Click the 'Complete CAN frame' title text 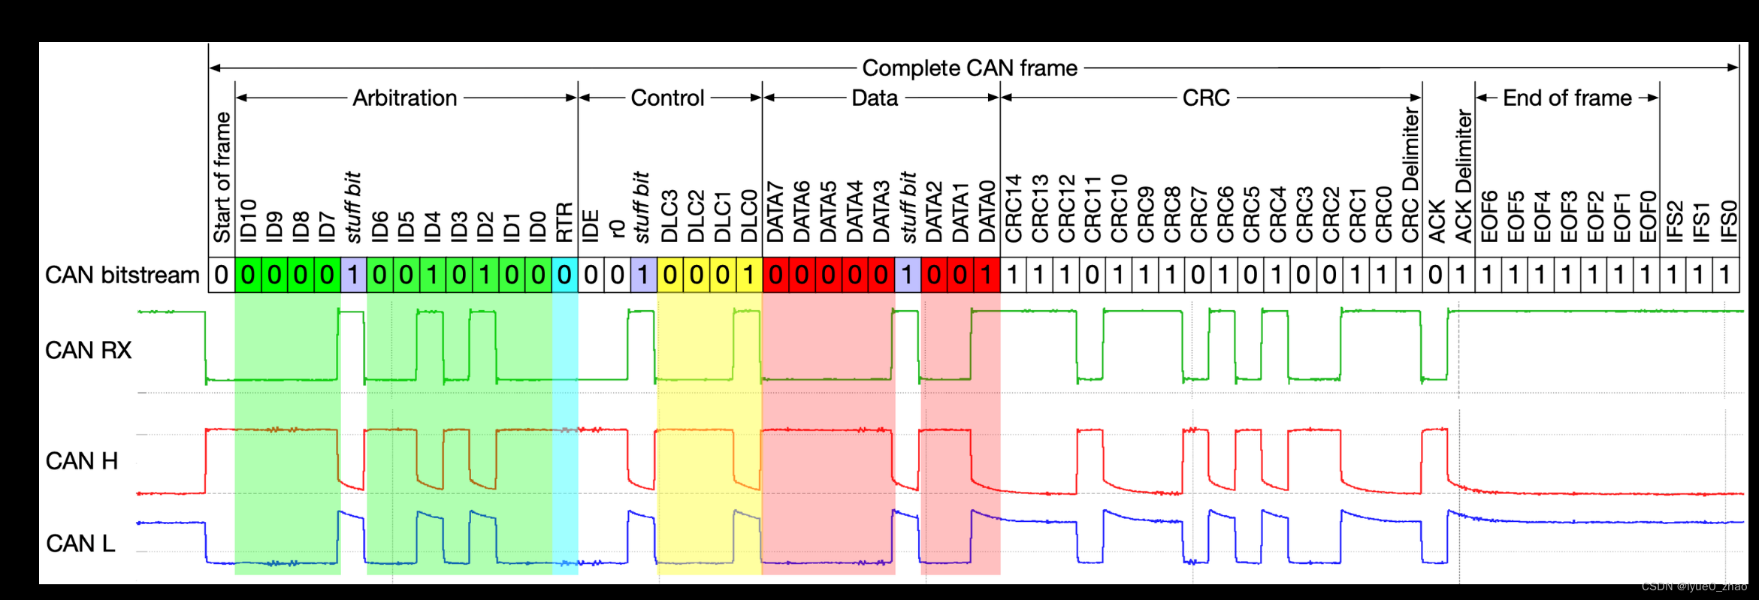tap(969, 68)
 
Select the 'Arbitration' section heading tap(404, 98)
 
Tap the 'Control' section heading tap(667, 98)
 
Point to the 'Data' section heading tap(875, 98)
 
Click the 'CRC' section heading tap(1205, 98)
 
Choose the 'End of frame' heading tap(1567, 98)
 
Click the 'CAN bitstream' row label tap(122, 276)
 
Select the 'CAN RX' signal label tap(88, 350)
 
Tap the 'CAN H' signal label tap(81, 461)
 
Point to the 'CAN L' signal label tap(80, 543)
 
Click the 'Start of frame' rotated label tap(222, 177)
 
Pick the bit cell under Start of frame tap(222, 276)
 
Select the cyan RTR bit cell tap(564, 276)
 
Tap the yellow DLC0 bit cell tap(749, 276)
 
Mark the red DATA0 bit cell tap(987, 276)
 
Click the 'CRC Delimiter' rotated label tap(1410, 174)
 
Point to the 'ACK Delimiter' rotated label tap(1463, 176)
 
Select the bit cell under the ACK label tap(1435, 276)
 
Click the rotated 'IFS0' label tap(1727, 221)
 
